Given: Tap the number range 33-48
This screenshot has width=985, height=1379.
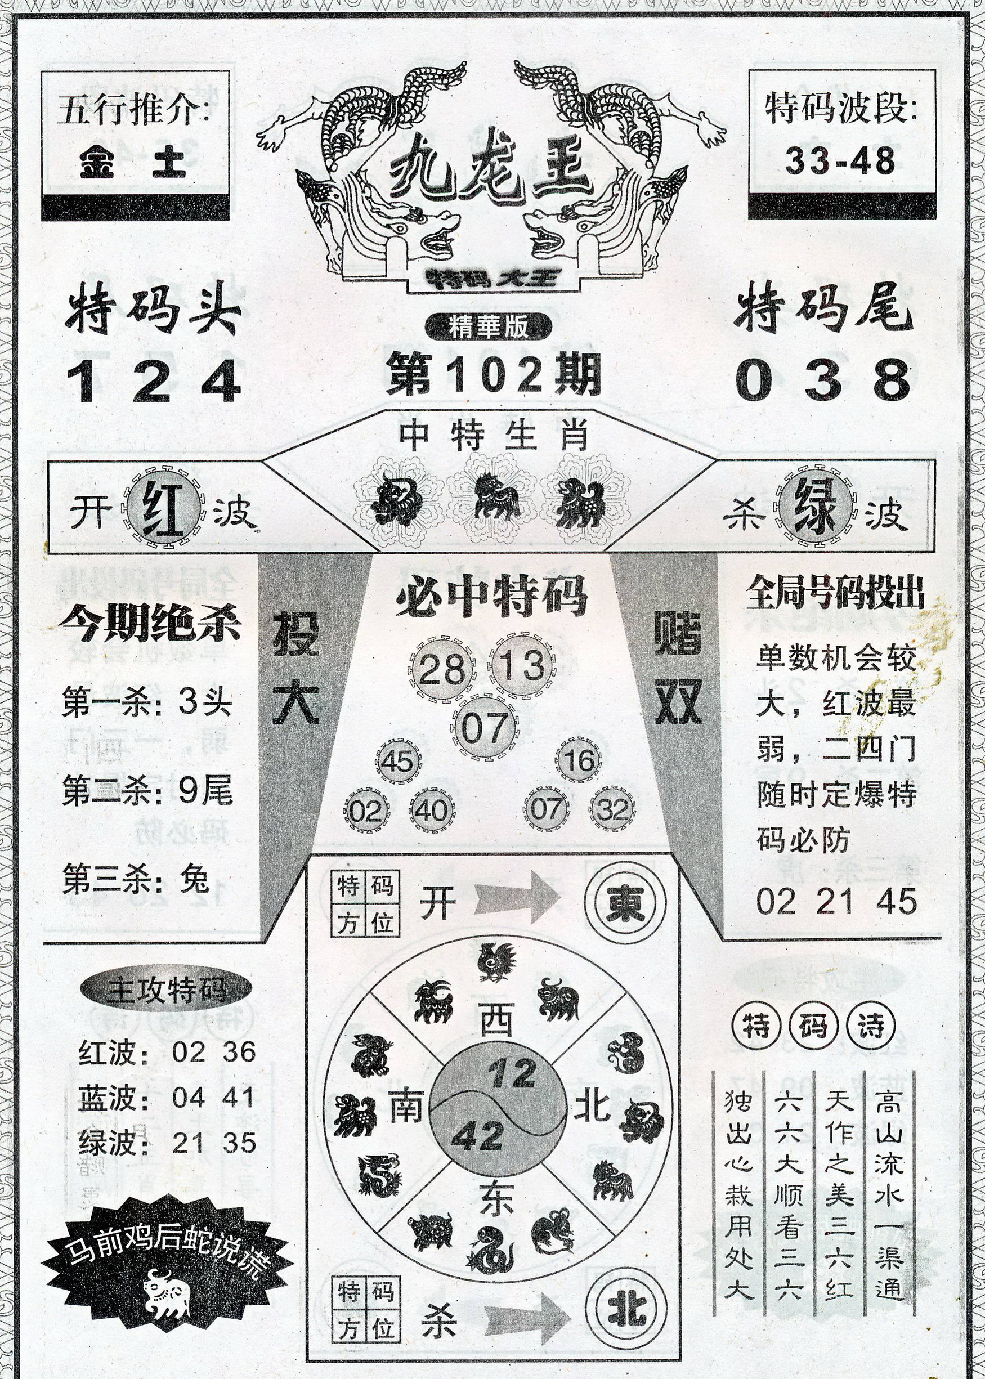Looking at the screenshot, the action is (840, 161).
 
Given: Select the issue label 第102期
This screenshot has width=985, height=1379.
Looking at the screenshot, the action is (493, 374).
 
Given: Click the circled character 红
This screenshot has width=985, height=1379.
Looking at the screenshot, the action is (164, 507).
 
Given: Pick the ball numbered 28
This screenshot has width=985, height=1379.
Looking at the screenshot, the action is (441, 669).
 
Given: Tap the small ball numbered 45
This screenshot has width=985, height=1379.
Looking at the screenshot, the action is (397, 760).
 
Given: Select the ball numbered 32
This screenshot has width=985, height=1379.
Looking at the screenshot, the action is (611, 809).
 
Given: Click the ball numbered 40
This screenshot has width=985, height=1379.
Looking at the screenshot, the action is (431, 810).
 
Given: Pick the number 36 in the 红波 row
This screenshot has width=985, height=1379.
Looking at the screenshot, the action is (239, 1051).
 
